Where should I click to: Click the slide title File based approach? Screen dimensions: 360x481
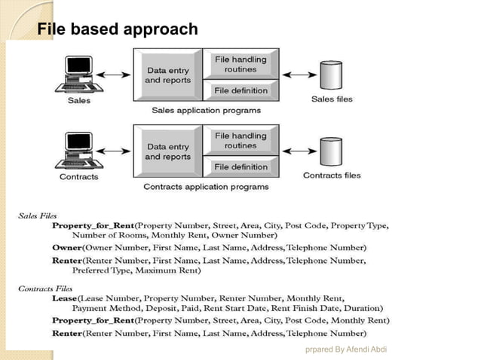click(118, 29)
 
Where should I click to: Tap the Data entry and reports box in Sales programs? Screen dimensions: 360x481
click(167, 75)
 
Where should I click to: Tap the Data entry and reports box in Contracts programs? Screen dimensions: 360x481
click(167, 151)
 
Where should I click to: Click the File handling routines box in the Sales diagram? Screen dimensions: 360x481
click(240, 64)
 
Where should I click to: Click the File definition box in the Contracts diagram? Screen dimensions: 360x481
click(240, 166)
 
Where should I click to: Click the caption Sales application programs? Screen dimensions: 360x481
click(206, 110)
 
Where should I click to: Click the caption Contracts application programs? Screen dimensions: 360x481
click(206, 186)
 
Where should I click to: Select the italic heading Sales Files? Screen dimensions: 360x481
click(37, 216)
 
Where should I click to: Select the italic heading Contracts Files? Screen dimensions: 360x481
click(44, 288)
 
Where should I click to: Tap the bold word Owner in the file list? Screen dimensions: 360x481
click(66, 247)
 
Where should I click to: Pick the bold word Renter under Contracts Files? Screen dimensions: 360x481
click(67, 332)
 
